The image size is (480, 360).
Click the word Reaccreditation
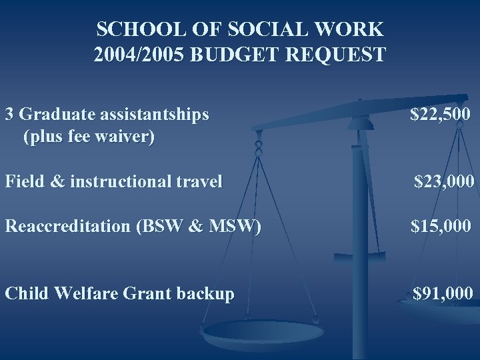tap(68, 226)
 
